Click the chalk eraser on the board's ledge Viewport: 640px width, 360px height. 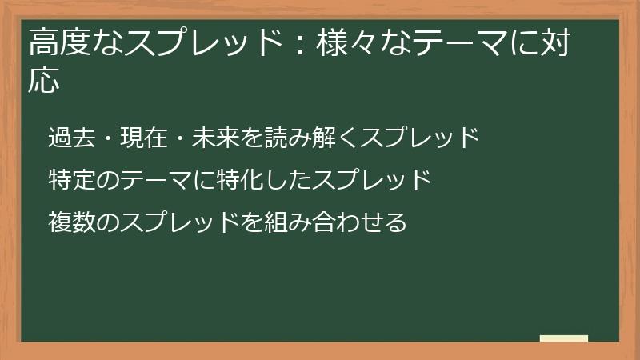tap(564, 338)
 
